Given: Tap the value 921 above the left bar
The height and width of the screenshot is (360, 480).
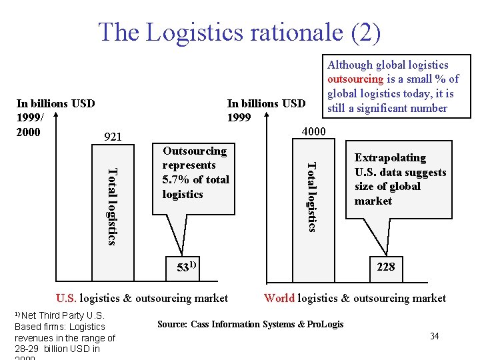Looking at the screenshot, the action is click(x=113, y=137).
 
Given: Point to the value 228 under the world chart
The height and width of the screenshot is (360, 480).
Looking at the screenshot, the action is click(x=386, y=267).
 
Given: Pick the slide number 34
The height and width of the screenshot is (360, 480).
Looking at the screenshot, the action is click(x=434, y=336).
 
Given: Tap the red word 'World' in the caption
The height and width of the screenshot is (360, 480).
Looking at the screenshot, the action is click(x=279, y=298).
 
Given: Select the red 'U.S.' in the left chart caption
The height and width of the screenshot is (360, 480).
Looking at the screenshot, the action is click(x=65, y=298).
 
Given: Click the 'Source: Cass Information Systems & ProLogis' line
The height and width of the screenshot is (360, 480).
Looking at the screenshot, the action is click(x=251, y=324).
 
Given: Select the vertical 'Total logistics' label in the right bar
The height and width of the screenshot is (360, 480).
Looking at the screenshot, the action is click(x=310, y=196).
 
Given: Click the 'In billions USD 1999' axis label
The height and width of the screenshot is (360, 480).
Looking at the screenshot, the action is click(x=266, y=110).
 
